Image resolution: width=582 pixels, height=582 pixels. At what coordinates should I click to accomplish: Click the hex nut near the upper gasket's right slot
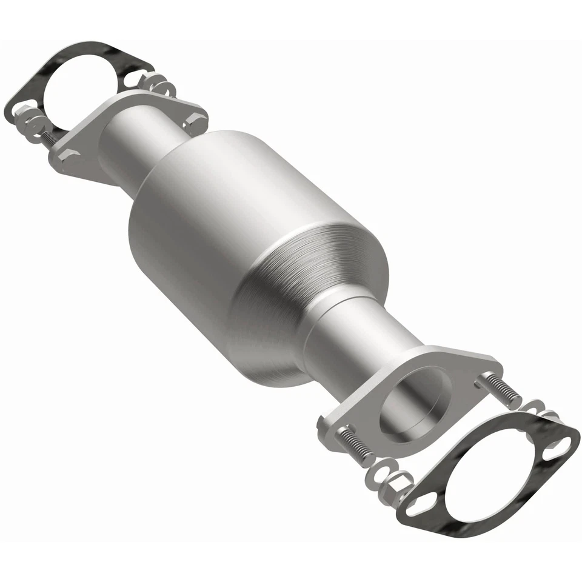(159, 88)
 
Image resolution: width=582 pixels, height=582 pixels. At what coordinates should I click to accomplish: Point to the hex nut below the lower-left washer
(394, 489)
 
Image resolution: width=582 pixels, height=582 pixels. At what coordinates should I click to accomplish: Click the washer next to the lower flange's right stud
(531, 406)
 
